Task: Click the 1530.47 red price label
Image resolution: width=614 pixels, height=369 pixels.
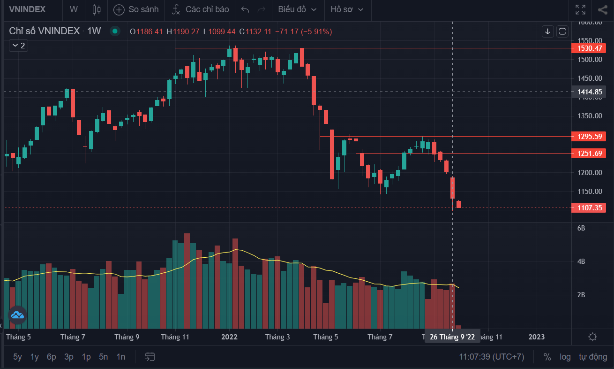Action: [x=589, y=48]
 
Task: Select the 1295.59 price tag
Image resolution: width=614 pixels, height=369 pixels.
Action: [x=589, y=137]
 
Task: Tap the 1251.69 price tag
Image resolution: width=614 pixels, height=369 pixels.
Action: [x=589, y=154]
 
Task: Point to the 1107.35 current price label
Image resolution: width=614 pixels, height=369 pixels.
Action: [x=589, y=208]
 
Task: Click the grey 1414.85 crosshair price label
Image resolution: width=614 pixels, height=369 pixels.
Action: [x=589, y=92]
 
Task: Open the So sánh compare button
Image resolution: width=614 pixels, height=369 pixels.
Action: [x=136, y=9]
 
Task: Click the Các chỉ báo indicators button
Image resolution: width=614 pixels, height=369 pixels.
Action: [x=200, y=9]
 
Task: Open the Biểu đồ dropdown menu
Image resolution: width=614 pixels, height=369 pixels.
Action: [x=297, y=9]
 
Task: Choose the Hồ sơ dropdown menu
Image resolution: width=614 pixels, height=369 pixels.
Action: [x=347, y=9]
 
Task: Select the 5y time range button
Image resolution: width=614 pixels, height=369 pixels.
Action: [x=17, y=357]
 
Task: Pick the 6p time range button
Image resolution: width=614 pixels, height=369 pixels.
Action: [x=52, y=357]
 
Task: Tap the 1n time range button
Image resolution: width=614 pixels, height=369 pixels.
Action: [x=121, y=357]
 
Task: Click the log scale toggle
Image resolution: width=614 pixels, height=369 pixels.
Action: [x=565, y=357]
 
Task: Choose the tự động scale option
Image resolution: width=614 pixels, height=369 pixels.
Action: [x=593, y=357]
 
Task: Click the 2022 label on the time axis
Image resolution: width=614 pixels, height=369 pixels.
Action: [x=229, y=337]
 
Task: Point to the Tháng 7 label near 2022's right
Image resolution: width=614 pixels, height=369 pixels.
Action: [x=380, y=337]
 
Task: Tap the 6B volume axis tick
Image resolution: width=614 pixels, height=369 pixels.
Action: [x=581, y=228]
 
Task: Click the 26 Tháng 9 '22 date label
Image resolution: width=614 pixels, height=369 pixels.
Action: [x=452, y=337]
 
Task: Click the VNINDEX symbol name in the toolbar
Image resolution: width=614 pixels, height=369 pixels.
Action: [x=28, y=9]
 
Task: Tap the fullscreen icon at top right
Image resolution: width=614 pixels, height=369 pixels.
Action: [x=580, y=9]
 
